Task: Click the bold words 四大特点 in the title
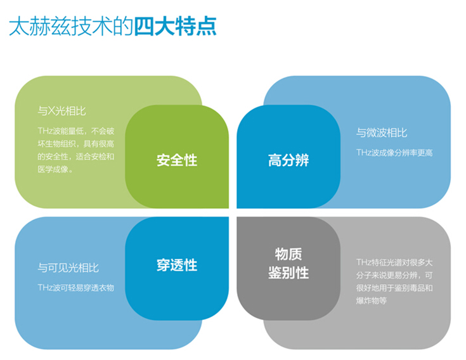click(176, 27)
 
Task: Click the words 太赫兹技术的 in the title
click(71, 27)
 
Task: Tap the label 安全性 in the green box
click(177, 160)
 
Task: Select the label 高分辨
click(288, 160)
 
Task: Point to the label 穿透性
click(177, 266)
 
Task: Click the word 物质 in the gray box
click(288, 254)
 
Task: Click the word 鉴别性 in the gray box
click(288, 273)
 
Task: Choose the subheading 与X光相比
click(62, 112)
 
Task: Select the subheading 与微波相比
click(382, 132)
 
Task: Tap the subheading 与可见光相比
click(68, 268)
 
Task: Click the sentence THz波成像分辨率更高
click(394, 153)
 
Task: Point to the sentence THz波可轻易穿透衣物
click(76, 288)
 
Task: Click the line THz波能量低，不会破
click(76, 131)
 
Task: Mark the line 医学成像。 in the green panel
click(55, 169)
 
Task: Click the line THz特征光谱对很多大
click(394, 262)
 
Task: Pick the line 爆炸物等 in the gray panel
click(372, 301)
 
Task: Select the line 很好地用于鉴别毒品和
click(394, 288)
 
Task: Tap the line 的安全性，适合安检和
click(76, 157)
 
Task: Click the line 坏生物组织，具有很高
click(76, 144)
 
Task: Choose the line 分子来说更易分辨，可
click(394, 275)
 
